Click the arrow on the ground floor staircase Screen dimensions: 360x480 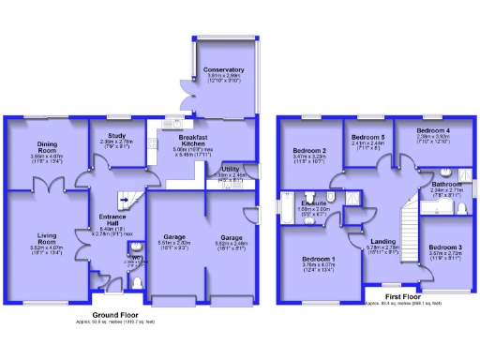click(x=122, y=200)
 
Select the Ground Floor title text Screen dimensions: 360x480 click(x=112, y=314)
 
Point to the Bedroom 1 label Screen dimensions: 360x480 click(x=318, y=258)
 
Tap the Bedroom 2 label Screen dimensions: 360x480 click(x=309, y=150)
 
